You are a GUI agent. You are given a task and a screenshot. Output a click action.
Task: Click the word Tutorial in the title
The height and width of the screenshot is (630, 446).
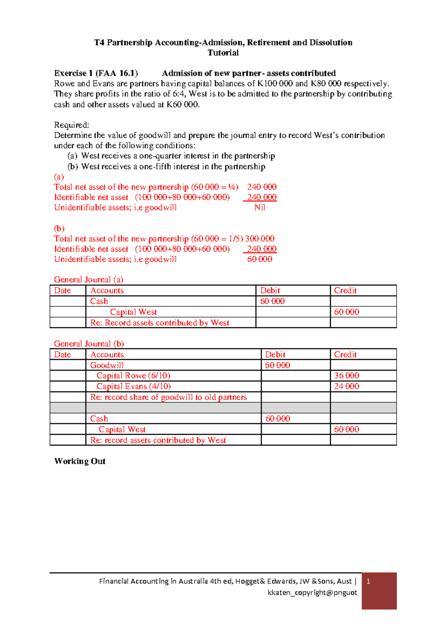point(223,53)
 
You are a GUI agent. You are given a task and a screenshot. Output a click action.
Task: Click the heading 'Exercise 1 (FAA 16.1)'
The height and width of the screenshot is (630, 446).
point(96,73)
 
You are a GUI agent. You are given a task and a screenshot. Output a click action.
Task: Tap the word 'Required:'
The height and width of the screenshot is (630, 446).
point(71,125)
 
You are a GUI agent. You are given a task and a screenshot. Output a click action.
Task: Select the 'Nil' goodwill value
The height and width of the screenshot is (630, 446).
point(259,207)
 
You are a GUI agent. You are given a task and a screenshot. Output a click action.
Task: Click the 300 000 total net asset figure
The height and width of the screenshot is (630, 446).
point(259,239)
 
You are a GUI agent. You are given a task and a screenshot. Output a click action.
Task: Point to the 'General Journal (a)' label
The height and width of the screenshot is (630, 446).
point(88,279)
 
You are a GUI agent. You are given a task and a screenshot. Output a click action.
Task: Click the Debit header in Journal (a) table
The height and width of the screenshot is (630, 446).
point(270,291)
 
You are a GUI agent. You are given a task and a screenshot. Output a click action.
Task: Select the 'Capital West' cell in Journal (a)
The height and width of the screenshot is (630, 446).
point(133,312)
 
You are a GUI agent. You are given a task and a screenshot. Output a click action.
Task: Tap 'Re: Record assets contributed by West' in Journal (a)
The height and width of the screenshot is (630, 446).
point(159,323)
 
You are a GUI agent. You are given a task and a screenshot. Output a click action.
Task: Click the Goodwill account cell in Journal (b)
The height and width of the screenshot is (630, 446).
point(107,365)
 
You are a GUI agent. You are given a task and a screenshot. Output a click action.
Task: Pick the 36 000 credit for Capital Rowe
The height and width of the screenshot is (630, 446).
point(346,375)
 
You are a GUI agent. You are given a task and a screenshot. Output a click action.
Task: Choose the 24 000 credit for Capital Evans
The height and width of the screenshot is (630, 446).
point(346,386)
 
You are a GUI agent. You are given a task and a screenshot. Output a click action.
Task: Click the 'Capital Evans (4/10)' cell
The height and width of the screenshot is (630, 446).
point(133,386)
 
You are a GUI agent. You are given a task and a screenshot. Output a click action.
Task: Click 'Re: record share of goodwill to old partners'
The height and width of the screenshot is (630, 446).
point(168,397)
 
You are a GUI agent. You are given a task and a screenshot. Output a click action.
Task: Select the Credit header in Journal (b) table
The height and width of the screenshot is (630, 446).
point(345,354)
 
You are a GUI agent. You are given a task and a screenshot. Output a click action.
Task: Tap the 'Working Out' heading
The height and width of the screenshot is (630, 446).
point(80,461)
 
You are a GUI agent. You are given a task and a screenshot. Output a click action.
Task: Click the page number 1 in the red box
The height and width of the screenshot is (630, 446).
point(368,581)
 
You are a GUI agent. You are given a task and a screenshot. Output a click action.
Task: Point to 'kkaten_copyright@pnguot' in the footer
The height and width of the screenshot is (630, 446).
point(312,593)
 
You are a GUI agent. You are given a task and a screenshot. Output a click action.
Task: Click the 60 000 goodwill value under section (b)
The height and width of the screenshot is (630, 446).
point(259,259)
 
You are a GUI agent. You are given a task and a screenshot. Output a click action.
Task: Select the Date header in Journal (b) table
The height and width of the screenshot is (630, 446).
point(62,354)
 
